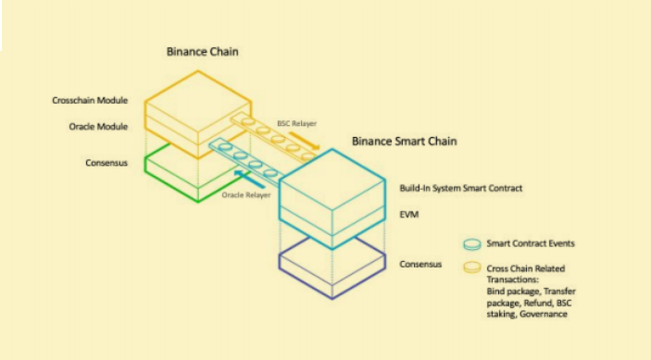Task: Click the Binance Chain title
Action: coord(202,52)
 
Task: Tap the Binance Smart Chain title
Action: coord(405,141)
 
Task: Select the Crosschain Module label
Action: coord(90,100)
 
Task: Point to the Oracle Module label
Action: coord(98,127)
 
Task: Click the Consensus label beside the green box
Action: coord(106,163)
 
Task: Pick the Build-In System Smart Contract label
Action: coord(461,188)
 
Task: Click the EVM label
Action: coord(409,215)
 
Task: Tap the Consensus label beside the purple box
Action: coord(420,264)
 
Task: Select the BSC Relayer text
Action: coord(297,124)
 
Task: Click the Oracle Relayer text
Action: coord(246,195)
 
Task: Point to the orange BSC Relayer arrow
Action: coord(305,141)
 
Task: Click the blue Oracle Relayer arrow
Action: coord(249,179)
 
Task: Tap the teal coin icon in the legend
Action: coord(472,244)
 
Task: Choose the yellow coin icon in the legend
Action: coord(472,267)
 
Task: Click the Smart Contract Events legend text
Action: coord(531,243)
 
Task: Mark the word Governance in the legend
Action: coord(544,314)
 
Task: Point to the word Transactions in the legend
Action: coord(512,279)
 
